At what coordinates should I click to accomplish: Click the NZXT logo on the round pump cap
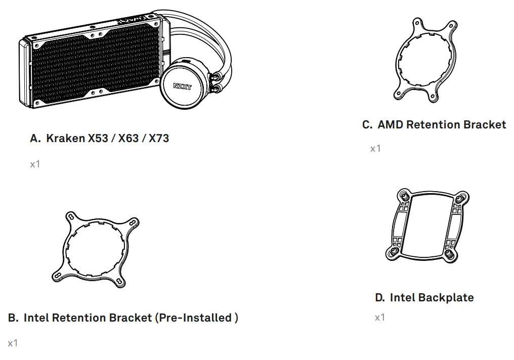pyautogui.click(x=183, y=86)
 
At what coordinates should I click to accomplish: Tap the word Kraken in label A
pyautogui.click(x=66, y=138)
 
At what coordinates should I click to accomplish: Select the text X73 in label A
pyautogui.click(x=158, y=138)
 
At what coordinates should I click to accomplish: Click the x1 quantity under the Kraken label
pyautogui.click(x=35, y=164)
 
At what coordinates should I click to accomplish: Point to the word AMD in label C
pyautogui.click(x=390, y=124)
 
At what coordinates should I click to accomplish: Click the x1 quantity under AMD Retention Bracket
pyautogui.click(x=375, y=149)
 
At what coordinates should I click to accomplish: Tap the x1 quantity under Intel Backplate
pyautogui.click(x=380, y=318)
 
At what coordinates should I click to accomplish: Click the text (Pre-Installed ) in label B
pyautogui.click(x=196, y=318)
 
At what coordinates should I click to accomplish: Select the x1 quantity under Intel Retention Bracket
pyautogui.click(x=13, y=343)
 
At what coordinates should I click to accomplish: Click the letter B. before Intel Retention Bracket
pyautogui.click(x=14, y=318)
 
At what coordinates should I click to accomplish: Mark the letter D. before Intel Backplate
pyautogui.click(x=380, y=297)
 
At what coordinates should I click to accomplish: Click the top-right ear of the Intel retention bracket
pyautogui.click(x=133, y=223)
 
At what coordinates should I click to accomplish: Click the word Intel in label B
pyautogui.click(x=36, y=318)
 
